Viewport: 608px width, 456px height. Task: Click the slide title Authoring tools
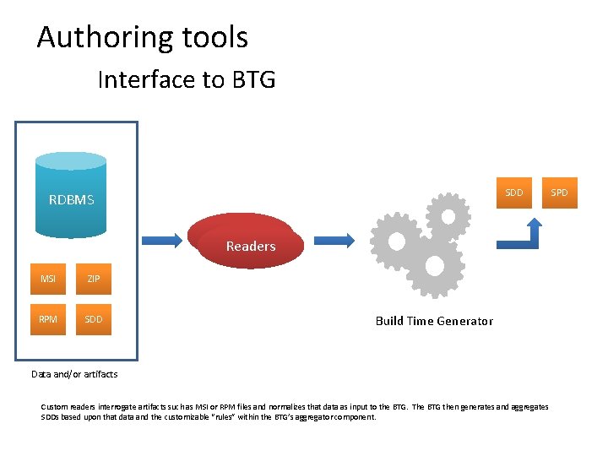(142, 37)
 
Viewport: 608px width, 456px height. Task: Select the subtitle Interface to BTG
(186, 79)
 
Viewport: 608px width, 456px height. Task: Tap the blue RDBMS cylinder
(72, 193)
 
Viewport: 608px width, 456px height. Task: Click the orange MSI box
(48, 279)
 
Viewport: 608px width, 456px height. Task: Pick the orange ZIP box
(94, 279)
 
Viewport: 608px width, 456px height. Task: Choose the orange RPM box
(48, 319)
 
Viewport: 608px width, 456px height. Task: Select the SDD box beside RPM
(94, 319)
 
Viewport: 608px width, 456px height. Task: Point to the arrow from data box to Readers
(160, 240)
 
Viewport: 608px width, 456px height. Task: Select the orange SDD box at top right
(513, 193)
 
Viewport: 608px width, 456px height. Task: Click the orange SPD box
(560, 193)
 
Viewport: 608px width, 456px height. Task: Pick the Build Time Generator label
(434, 321)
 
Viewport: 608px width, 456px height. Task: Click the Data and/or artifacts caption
(74, 374)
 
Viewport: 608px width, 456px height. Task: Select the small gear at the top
(448, 217)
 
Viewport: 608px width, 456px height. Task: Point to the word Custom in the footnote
(54, 407)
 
